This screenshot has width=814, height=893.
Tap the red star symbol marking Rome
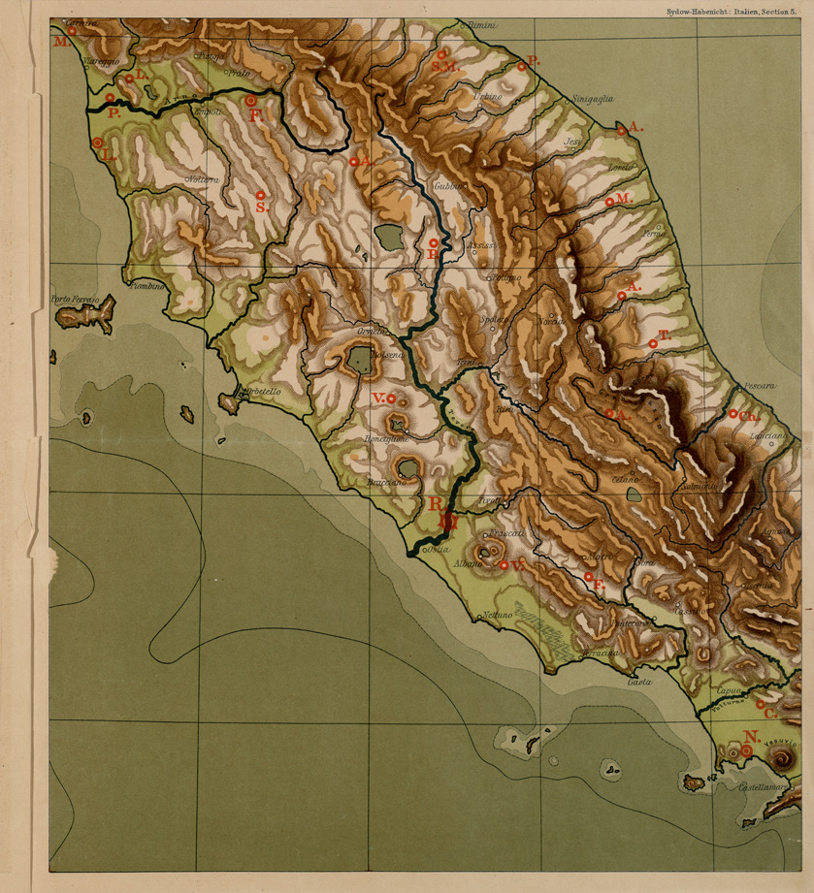point(446,522)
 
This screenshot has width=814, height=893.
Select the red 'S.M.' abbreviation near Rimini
point(444,67)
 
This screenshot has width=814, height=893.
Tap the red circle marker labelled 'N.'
point(747,750)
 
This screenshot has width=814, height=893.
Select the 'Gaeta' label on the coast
point(638,683)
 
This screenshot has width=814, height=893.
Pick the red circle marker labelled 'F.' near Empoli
point(250,100)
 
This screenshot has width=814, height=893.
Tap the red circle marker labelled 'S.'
point(260,196)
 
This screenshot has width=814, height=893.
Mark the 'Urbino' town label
point(488,97)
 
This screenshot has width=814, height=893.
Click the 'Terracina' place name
point(600,653)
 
